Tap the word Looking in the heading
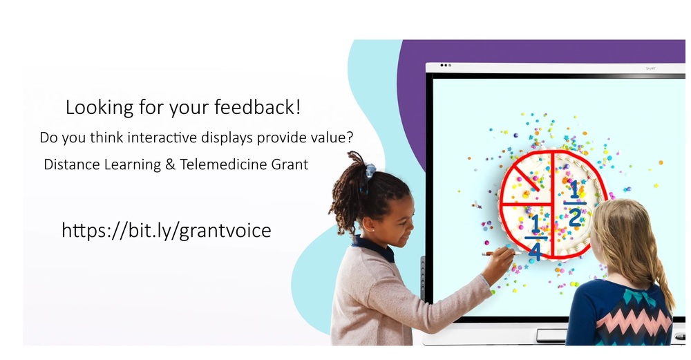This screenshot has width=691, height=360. pyautogui.click(x=95, y=108)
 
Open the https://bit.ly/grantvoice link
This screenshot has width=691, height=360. pyautogui.click(x=166, y=230)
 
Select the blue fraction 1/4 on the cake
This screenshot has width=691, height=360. pyautogui.click(x=534, y=237)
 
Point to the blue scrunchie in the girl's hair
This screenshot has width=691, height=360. pyautogui.click(x=370, y=169)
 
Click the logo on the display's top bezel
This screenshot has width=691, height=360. pyautogui.click(x=649, y=68)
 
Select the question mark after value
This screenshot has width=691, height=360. pyautogui.click(x=350, y=138)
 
